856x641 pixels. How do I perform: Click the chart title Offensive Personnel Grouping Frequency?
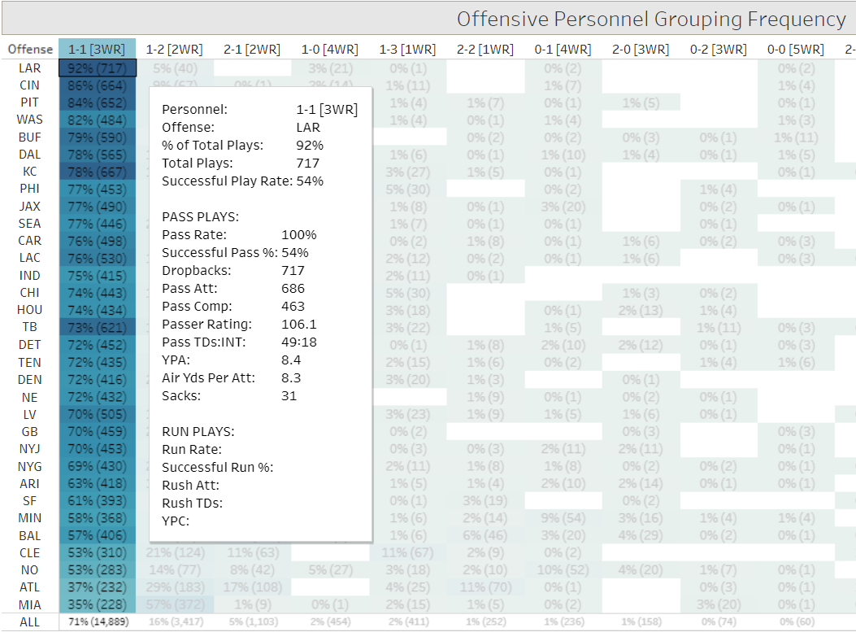click(x=650, y=19)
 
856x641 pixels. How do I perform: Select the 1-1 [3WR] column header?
click(x=97, y=50)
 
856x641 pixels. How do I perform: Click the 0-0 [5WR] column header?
click(x=795, y=50)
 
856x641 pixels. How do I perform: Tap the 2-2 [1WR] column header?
click(x=485, y=50)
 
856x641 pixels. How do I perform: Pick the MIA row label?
click(x=30, y=604)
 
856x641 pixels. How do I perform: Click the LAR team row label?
click(x=30, y=68)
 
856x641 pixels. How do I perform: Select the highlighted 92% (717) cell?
click(x=97, y=68)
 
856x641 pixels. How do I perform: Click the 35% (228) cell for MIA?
click(x=97, y=604)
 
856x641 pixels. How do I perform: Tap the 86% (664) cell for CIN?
click(x=97, y=85)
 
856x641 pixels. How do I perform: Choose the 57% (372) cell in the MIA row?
click(x=176, y=604)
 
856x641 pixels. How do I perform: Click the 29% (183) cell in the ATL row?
click(x=176, y=587)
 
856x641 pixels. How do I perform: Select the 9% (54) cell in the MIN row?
click(x=563, y=518)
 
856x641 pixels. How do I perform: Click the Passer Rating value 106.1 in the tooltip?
click(x=299, y=324)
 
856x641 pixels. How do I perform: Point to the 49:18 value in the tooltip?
click(x=298, y=342)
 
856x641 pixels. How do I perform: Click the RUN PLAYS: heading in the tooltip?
click(x=198, y=431)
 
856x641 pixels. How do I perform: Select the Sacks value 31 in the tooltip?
click(x=289, y=395)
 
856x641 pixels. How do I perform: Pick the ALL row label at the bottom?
click(x=30, y=622)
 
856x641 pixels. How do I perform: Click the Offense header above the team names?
click(x=30, y=50)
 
